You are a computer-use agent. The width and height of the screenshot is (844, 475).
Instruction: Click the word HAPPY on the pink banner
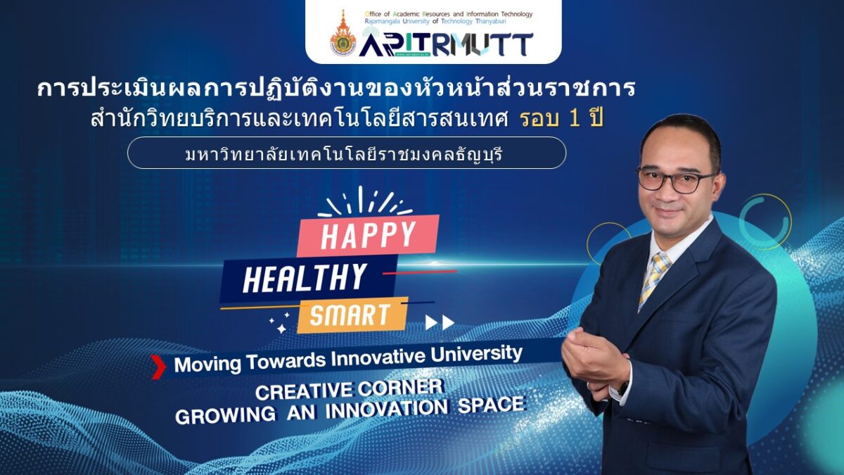[368, 236]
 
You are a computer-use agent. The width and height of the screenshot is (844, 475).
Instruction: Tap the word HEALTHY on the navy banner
[305, 278]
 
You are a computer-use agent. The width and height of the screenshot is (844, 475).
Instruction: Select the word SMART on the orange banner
[350, 315]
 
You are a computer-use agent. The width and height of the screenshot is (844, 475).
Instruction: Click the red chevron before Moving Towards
[158, 367]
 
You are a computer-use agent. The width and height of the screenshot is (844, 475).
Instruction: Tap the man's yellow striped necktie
[655, 279]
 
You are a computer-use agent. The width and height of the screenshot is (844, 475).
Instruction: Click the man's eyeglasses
[674, 180]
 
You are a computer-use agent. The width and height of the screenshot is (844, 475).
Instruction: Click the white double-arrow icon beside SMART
[440, 323]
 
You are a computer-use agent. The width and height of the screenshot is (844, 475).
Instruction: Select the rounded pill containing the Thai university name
[347, 153]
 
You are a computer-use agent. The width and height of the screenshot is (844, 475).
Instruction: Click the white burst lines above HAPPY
[365, 201]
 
